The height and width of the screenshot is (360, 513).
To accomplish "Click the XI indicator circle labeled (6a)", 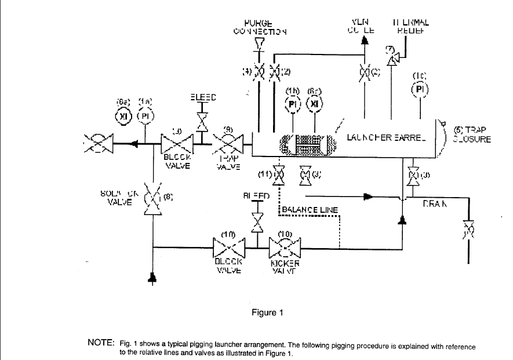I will coord(124,117).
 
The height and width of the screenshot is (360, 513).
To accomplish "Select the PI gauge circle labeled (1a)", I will coord(144,117).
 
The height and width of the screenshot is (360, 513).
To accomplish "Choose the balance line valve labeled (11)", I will coord(279,174).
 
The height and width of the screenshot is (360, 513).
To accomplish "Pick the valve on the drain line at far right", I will coord(468,230).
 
